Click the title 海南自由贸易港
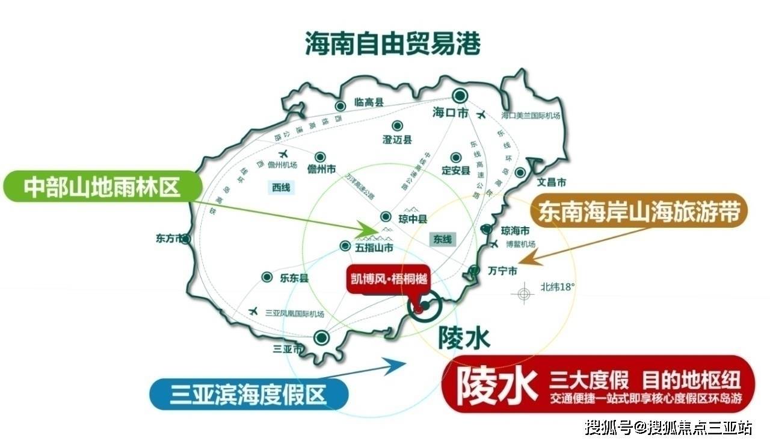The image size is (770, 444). pyautogui.click(x=393, y=43)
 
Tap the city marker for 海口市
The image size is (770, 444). pyautogui.click(x=461, y=95)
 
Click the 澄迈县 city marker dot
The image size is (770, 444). pyautogui.click(x=397, y=126)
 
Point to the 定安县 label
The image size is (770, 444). pyautogui.click(x=455, y=170)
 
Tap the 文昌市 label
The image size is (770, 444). pyautogui.click(x=552, y=181)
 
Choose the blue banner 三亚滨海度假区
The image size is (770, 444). pyautogui.click(x=247, y=395)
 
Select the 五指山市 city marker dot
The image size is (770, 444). pyautogui.click(x=345, y=246)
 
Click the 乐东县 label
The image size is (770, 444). pyautogui.click(x=294, y=278)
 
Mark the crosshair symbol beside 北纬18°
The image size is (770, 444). pyautogui.click(x=523, y=293)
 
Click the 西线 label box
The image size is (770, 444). pyautogui.click(x=280, y=188)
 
